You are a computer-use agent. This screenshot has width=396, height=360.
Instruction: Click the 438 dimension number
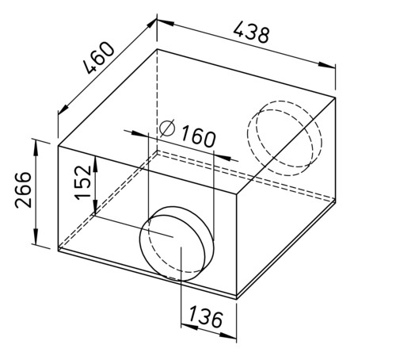pos(251,33)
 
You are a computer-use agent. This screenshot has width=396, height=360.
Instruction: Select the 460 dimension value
pos(99,58)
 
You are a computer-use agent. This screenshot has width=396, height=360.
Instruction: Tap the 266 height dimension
pos(23,190)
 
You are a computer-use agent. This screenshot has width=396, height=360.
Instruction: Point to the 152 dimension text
pos(82,182)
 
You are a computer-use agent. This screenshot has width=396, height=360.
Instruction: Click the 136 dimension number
pos(206,316)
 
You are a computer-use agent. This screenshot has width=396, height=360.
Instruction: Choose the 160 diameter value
pos(198,136)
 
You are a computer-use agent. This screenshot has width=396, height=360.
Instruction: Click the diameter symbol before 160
pos(167,128)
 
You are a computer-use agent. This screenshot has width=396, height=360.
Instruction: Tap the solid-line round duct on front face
pos(177,243)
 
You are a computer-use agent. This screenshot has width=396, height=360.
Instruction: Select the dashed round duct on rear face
pos(284,138)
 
